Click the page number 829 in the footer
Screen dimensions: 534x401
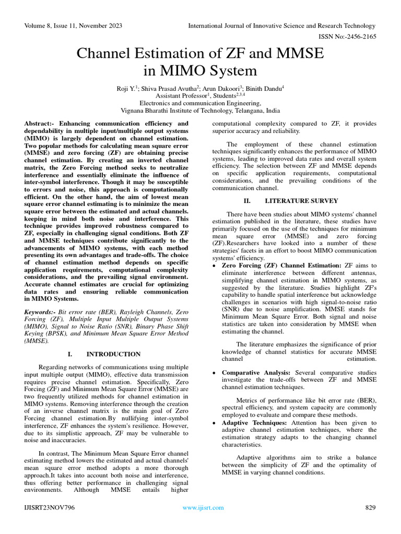[x=370, y=507]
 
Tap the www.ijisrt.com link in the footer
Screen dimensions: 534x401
[x=203, y=507]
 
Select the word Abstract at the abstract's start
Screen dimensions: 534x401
[x=39, y=123]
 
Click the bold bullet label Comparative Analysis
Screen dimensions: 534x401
[x=256, y=372]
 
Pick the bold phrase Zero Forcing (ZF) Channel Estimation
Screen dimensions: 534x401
[x=281, y=265]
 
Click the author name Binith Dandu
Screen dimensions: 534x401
[x=265, y=89]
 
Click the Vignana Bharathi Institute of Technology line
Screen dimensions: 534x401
[x=200, y=111]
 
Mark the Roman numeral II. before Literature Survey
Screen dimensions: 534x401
[x=247, y=201]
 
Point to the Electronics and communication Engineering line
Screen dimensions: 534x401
[x=200, y=103]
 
